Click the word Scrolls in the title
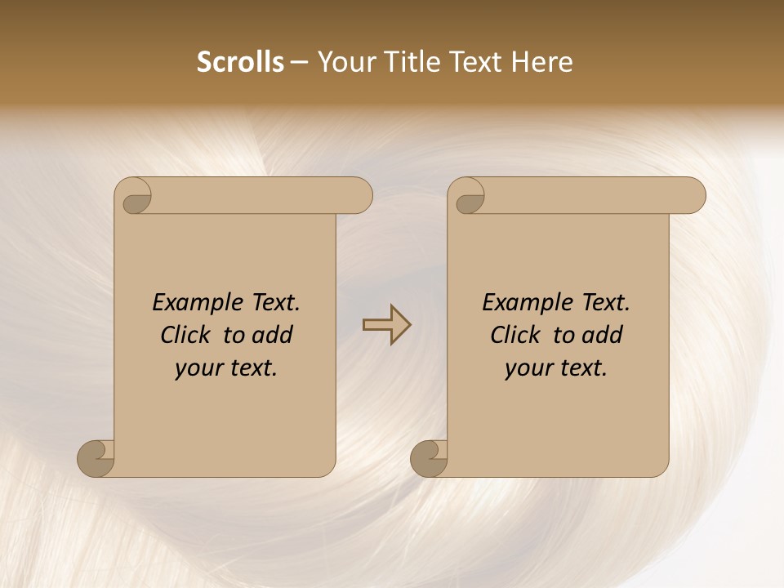coord(240,62)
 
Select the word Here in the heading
coord(542,62)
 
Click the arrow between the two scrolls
coord(386,324)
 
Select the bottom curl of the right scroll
coord(430,458)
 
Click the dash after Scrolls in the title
coord(300,63)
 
